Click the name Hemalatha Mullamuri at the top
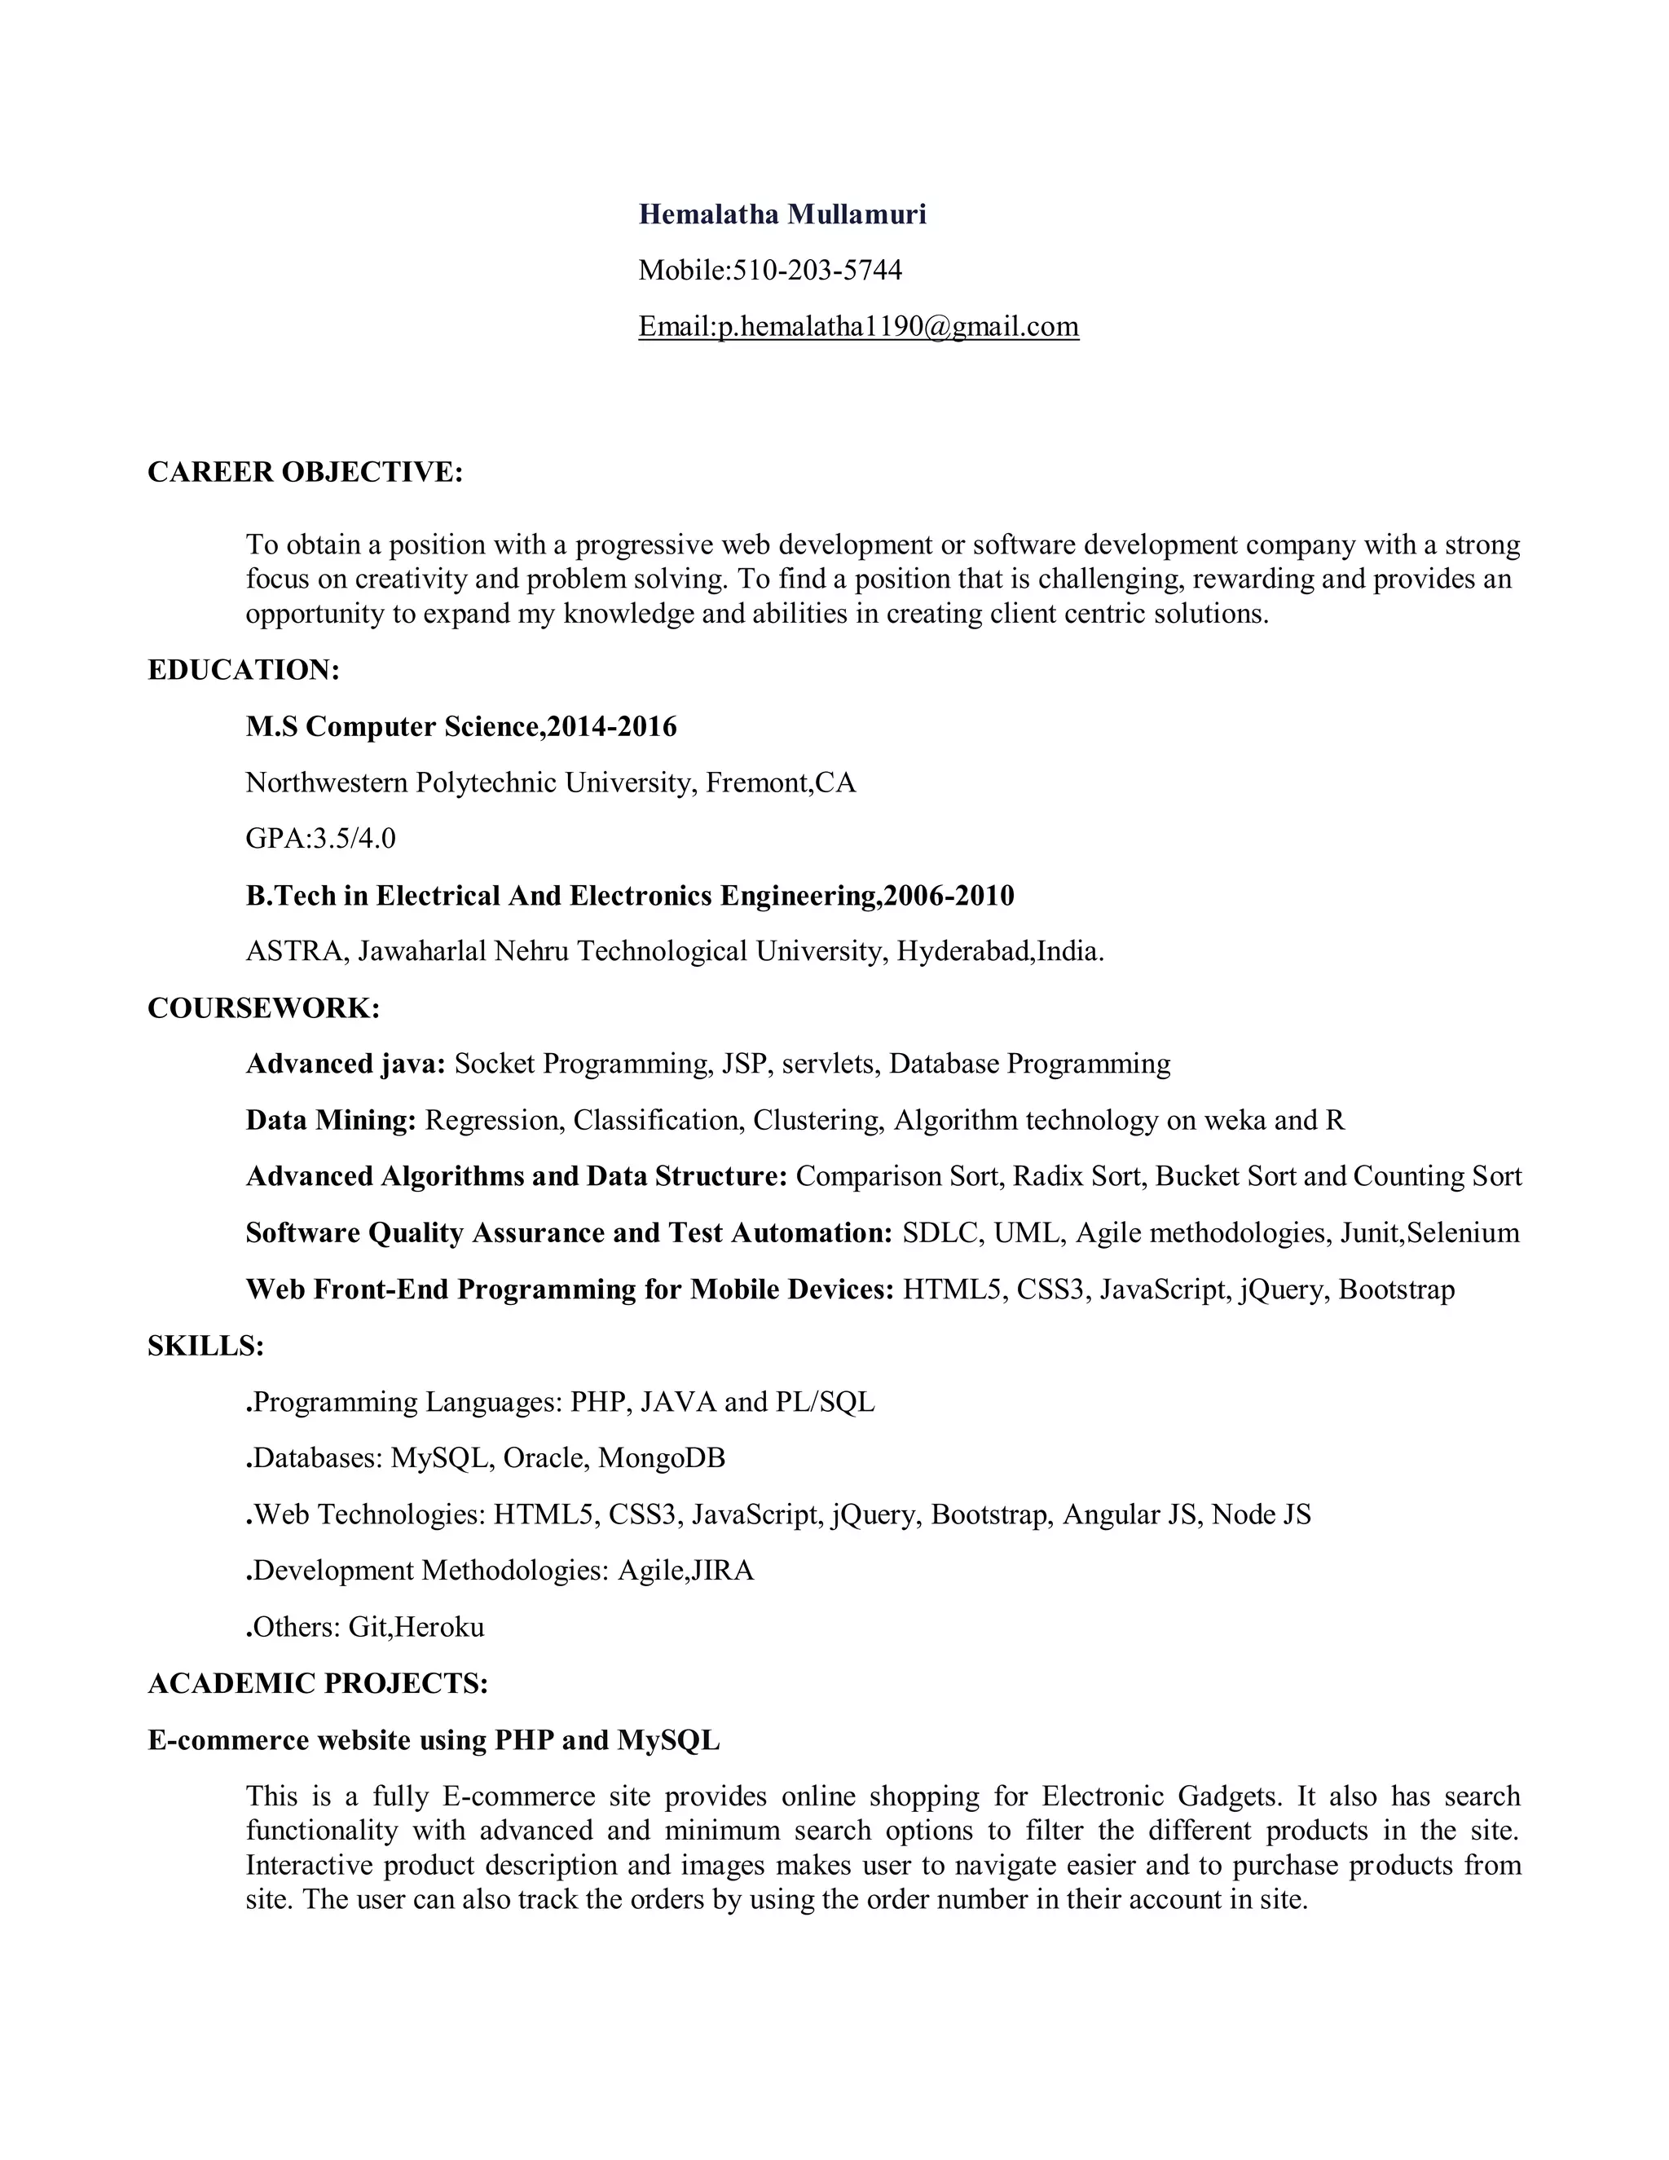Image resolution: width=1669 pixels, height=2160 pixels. [x=782, y=214]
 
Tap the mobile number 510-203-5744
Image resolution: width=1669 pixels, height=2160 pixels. [x=817, y=270]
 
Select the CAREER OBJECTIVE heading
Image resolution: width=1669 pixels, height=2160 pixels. [x=305, y=473]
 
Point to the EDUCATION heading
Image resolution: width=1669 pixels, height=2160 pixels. [x=243, y=671]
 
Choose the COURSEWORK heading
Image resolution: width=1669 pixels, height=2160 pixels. [x=263, y=1009]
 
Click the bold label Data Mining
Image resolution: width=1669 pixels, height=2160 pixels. [x=330, y=1121]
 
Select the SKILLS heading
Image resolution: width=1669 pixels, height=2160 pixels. [x=205, y=1346]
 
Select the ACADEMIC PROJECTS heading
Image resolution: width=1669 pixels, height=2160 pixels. [x=317, y=1683]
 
